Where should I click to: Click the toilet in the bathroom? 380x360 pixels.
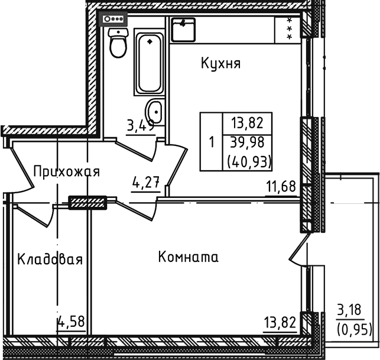tap(119, 44)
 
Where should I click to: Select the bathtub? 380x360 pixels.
tap(149, 64)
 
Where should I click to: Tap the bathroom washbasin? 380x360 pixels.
tap(155, 111)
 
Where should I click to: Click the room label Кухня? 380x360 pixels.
tap(220, 63)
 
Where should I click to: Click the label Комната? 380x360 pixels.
tap(189, 257)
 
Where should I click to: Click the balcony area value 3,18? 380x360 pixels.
tap(349, 309)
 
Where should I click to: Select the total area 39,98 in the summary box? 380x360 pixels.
tap(247, 142)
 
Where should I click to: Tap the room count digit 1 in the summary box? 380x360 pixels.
tap(211, 142)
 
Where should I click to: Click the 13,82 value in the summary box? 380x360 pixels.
tap(247, 124)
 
